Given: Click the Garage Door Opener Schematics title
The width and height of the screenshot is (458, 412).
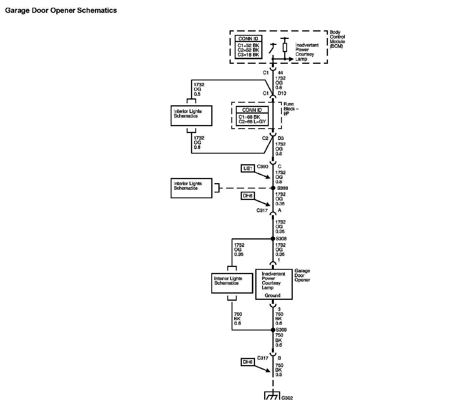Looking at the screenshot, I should (x=61, y=11).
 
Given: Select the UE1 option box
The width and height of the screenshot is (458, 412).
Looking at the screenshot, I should (x=248, y=169).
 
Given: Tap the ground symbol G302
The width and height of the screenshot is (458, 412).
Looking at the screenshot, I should (x=272, y=396).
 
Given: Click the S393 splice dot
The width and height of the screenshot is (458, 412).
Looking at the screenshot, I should (x=273, y=188).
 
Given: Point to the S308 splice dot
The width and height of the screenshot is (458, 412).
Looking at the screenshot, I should (x=273, y=239).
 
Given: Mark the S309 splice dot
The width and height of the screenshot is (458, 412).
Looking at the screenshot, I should (x=273, y=330).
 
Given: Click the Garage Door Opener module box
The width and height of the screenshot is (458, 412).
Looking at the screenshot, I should (x=274, y=284).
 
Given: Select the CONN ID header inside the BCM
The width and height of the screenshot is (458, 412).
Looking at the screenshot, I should (x=248, y=39).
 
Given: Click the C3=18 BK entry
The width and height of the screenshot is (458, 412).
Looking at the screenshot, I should (x=248, y=55).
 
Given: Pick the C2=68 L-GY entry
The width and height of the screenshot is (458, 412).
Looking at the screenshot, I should (x=252, y=122).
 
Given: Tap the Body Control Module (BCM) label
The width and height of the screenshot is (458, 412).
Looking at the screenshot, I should (x=337, y=39).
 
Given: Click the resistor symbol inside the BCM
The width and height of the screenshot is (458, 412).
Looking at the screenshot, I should (x=285, y=47).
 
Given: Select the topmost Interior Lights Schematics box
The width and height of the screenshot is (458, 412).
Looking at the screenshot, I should (x=191, y=116).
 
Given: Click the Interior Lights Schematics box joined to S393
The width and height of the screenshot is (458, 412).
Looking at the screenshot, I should (x=191, y=188).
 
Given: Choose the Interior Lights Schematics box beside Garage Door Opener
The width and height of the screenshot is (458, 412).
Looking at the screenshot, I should (x=232, y=283).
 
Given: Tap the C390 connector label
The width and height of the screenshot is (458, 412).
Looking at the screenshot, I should (x=262, y=166).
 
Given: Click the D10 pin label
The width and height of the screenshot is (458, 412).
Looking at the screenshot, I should (x=282, y=93).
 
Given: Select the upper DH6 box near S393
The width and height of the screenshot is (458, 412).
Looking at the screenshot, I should (x=248, y=196).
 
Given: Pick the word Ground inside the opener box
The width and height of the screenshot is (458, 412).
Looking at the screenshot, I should (x=272, y=295).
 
